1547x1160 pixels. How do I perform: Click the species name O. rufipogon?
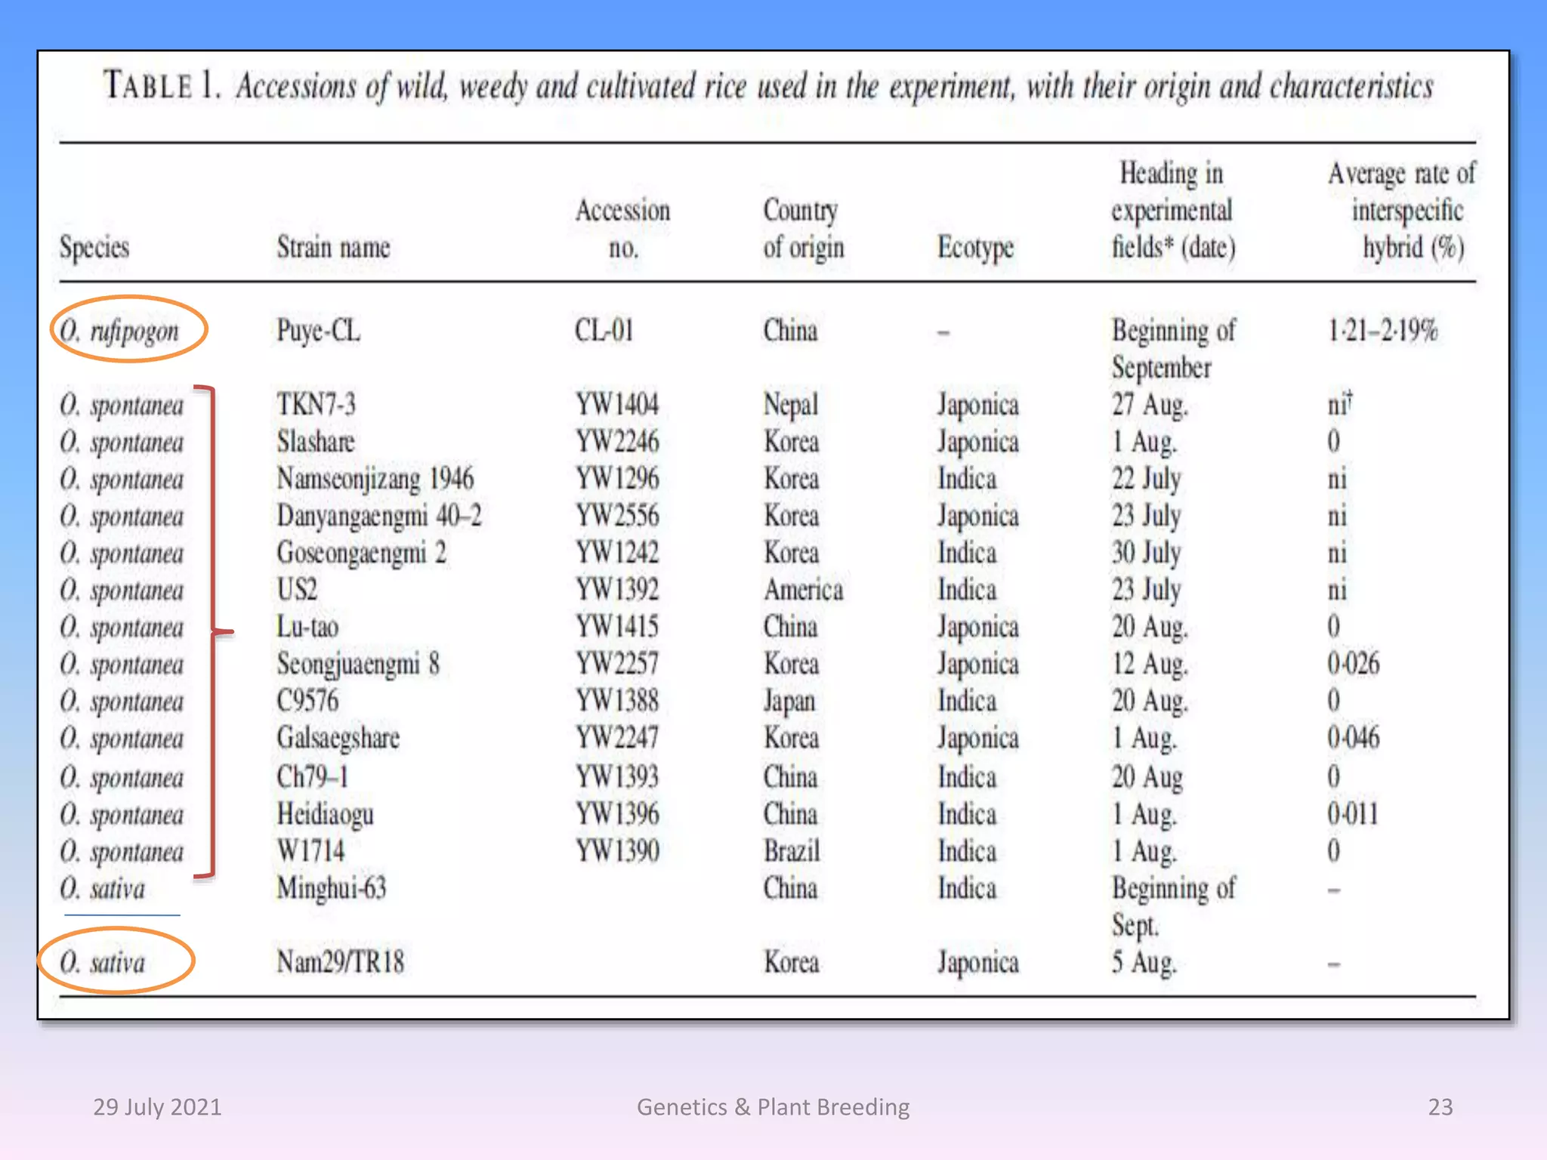click(x=120, y=331)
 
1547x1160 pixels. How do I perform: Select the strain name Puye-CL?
click(x=318, y=331)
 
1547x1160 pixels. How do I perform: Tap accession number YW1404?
click(x=616, y=405)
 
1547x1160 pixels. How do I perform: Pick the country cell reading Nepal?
click(x=790, y=405)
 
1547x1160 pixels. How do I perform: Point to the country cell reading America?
click(x=803, y=590)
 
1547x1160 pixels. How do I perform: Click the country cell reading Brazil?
click(x=791, y=851)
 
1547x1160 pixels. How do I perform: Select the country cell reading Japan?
click(x=789, y=701)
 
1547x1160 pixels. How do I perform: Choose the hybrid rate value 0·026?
click(x=1353, y=664)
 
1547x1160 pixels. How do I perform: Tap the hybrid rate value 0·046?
click(x=1353, y=737)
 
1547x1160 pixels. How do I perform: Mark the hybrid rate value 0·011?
click(x=1352, y=814)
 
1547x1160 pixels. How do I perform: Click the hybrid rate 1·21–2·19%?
click(x=1382, y=331)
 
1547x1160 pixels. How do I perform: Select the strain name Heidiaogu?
click(x=325, y=814)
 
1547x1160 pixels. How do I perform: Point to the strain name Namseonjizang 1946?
click(x=375, y=479)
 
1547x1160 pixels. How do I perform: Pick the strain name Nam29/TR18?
click(x=340, y=962)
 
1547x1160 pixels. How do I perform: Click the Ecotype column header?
click(x=975, y=248)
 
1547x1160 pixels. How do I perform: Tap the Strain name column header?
click(x=333, y=248)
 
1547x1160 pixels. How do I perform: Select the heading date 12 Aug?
click(x=1149, y=664)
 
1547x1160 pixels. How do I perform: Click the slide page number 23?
click(x=1440, y=1107)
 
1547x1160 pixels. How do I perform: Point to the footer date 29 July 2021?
click(x=157, y=1107)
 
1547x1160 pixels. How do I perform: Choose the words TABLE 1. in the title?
click(x=162, y=85)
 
